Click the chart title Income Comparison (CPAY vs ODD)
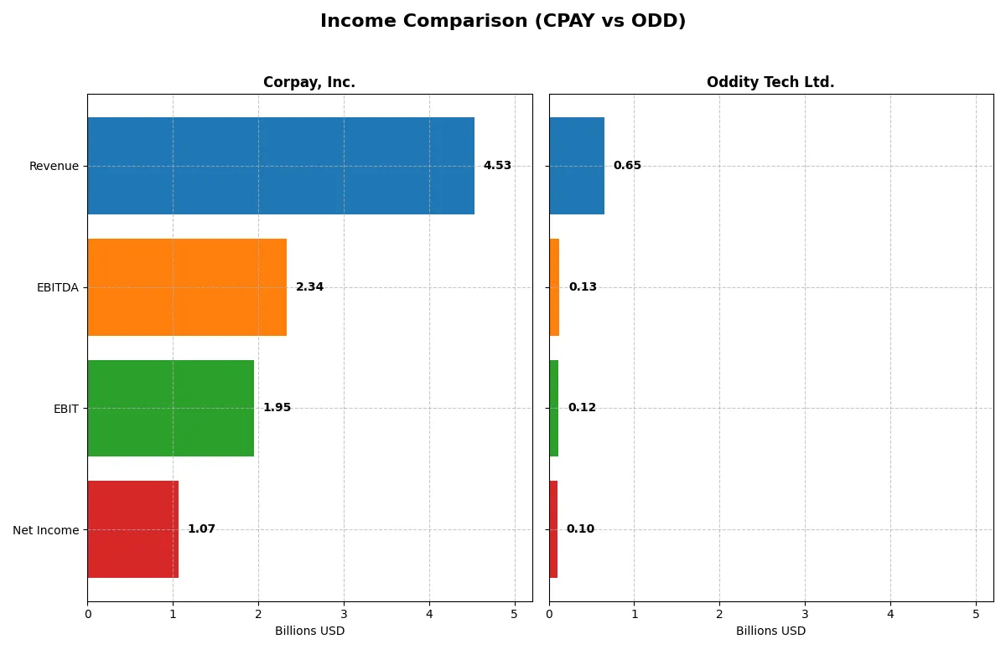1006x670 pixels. pos(503,21)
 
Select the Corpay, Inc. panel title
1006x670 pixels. pos(309,82)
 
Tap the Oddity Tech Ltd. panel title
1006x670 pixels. pos(770,82)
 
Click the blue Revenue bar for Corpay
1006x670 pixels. pos(281,166)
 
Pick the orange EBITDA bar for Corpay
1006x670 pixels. pos(187,287)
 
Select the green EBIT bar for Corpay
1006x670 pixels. pos(171,408)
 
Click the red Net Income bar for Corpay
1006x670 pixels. pos(133,529)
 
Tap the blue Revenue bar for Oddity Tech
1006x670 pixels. pos(577,166)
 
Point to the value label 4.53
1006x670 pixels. pos(497,166)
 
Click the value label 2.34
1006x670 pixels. pos(309,287)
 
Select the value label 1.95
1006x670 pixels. pos(277,408)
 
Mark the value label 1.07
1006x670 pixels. pos(201,529)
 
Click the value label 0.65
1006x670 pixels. pos(627,166)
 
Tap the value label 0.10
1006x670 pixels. pos(580,529)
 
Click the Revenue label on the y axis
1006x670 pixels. pos(54,166)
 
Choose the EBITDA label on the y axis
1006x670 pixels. pos(57,287)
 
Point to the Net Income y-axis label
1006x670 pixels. pos(45,529)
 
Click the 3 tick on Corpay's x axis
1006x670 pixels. pos(344,614)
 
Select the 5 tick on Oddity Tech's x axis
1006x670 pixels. pos(976,614)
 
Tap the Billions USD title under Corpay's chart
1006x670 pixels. pos(309,631)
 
